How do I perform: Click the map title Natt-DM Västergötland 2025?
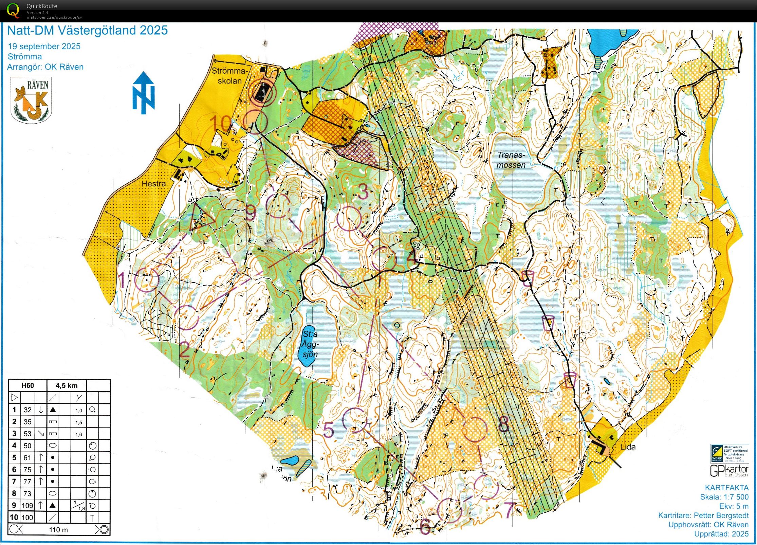(87, 31)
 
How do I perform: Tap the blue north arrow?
(144, 93)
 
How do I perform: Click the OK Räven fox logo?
(31, 100)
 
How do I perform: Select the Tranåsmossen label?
(511, 160)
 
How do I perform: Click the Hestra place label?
(153, 184)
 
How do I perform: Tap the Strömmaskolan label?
(229, 76)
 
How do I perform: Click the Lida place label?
(628, 447)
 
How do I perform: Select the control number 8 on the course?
(503, 423)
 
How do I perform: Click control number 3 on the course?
(363, 191)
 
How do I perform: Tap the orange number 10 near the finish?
(221, 123)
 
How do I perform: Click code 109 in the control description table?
(27, 505)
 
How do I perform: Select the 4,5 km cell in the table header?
(67, 385)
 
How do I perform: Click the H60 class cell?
(27, 385)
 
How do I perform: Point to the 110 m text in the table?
(58, 530)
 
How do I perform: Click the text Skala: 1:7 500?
(724, 497)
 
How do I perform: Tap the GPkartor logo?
(729, 471)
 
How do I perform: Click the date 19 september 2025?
(44, 47)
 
